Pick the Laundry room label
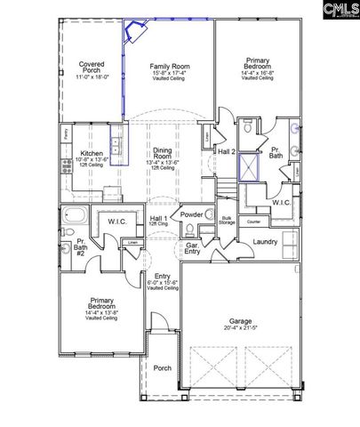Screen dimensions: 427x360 click(x=265, y=241)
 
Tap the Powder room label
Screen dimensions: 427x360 click(x=191, y=214)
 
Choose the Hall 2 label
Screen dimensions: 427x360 click(x=228, y=152)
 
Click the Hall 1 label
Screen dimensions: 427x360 click(x=160, y=218)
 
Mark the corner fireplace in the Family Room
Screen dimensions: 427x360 click(x=136, y=33)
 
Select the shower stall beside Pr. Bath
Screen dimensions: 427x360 click(x=251, y=165)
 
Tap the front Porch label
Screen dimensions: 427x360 click(x=162, y=367)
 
